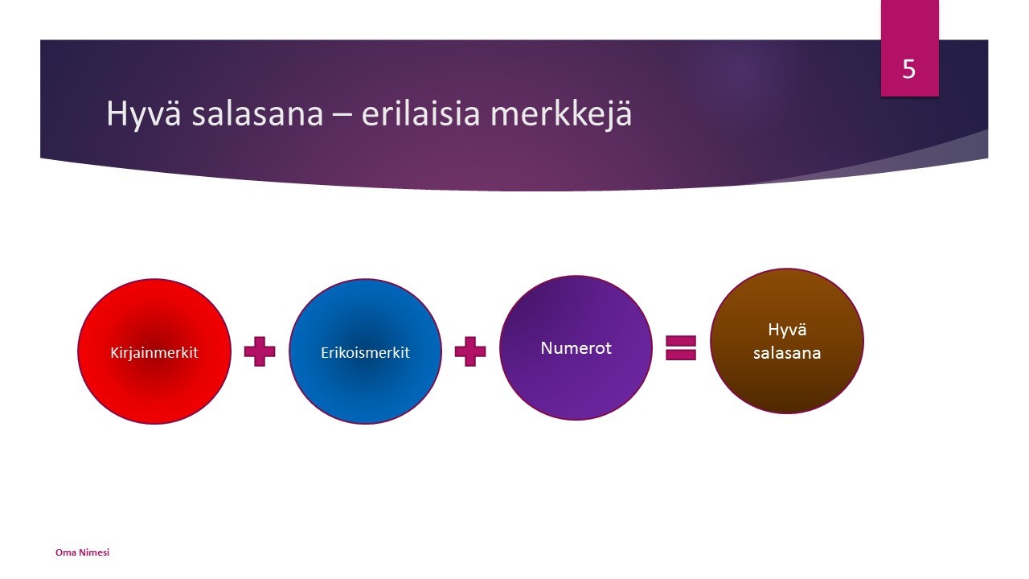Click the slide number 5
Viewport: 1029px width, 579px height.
coord(908,69)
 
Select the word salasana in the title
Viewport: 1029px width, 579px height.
coord(258,113)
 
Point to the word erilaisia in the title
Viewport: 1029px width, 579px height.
coord(420,113)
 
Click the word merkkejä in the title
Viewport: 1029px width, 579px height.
coord(561,114)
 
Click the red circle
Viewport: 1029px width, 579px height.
coord(154,351)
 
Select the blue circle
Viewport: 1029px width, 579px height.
coord(365,351)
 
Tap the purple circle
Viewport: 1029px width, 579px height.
coord(576,348)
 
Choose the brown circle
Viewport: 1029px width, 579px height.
coord(787,341)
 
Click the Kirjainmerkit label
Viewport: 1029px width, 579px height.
coord(154,353)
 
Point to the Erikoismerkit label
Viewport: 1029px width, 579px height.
coord(365,352)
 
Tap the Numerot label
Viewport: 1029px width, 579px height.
coord(576,348)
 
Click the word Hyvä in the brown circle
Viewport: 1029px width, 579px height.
coord(787,331)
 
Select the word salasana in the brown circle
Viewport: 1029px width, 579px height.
coord(787,353)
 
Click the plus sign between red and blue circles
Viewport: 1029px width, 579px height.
coord(260,351)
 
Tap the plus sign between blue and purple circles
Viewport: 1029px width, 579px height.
coord(470,351)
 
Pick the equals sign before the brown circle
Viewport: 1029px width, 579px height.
coord(681,348)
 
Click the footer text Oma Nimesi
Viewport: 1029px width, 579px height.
coord(82,552)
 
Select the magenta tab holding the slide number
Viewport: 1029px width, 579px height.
coord(909,48)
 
